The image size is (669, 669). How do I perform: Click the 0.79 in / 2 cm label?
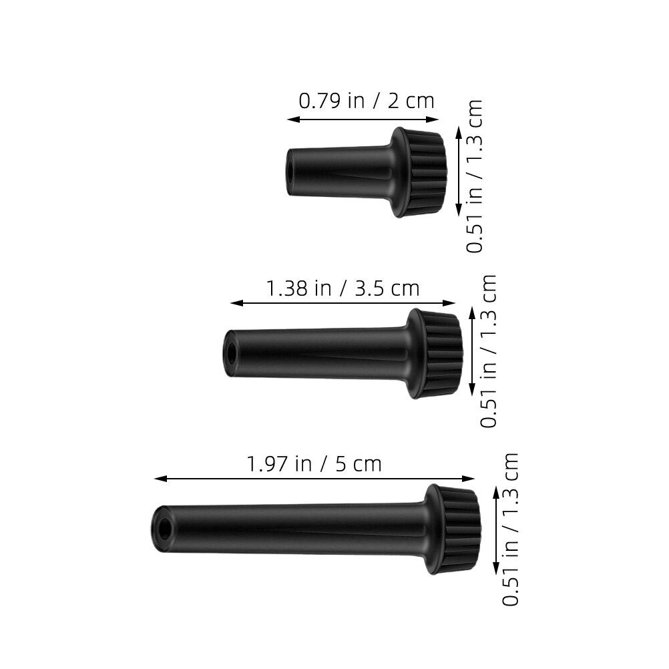coord(366,101)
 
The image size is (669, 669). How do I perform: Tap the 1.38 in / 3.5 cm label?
coord(343,288)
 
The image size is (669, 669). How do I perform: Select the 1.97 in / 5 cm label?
coord(314,464)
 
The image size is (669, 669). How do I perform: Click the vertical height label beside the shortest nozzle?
coord(474,176)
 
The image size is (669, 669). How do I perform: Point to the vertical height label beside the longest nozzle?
coord(510,529)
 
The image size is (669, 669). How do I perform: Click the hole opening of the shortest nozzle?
coord(290,172)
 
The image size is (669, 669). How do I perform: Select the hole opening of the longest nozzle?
coord(164,529)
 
